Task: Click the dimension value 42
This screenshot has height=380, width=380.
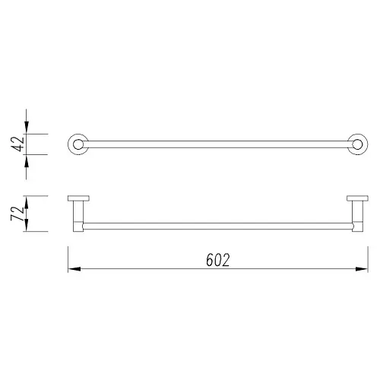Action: (x=15, y=144)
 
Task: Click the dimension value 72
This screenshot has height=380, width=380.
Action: (x=15, y=213)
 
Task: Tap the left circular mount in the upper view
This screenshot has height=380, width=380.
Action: (x=78, y=144)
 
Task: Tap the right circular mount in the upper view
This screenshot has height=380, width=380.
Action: (x=356, y=144)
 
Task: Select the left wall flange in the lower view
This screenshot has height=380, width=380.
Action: (x=78, y=199)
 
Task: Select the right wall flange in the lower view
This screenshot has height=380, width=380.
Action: (x=356, y=199)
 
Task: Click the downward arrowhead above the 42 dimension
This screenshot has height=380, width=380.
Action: (x=27, y=128)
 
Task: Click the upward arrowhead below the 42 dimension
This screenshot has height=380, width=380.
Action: (x=27, y=159)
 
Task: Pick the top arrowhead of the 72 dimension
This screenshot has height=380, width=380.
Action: (x=27, y=201)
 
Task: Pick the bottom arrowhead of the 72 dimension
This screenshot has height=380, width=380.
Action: (x=27, y=226)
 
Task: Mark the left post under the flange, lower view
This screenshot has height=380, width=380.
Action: (x=78, y=215)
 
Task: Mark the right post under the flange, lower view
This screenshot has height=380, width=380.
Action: (x=356, y=215)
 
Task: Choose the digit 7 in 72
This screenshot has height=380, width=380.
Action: (x=15, y=219)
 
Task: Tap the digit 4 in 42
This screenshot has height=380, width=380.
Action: (x=15, y=149)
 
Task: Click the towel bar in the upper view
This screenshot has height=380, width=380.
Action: (x=217, y=144)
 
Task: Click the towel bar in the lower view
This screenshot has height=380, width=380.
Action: (x=217, y=226)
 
